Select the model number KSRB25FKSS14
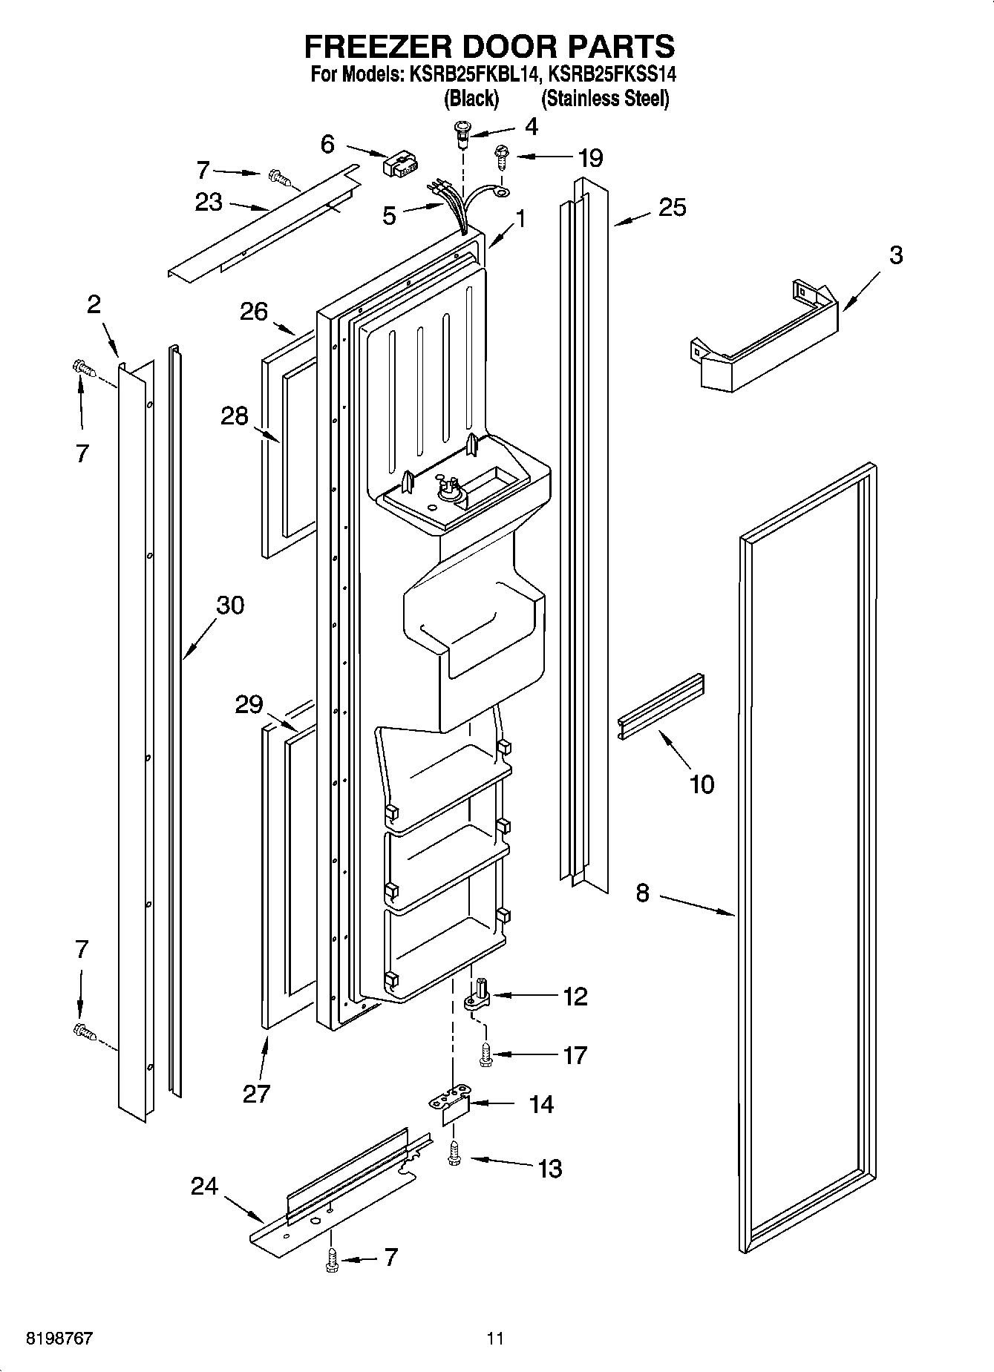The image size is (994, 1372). point(612,74)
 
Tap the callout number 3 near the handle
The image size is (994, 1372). point(896,255)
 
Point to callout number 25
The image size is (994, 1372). point(672,208)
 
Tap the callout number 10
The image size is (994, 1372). point(702,784)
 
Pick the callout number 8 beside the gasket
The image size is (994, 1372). point(642,893)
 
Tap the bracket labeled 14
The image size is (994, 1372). point(454,1104)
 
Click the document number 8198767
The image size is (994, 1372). point(60,1339)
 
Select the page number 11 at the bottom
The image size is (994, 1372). point(495,1339)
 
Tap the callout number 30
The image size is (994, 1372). point(229,605)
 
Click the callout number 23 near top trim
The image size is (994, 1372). point(209,202)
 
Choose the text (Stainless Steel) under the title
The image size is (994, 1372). point(605,99)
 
